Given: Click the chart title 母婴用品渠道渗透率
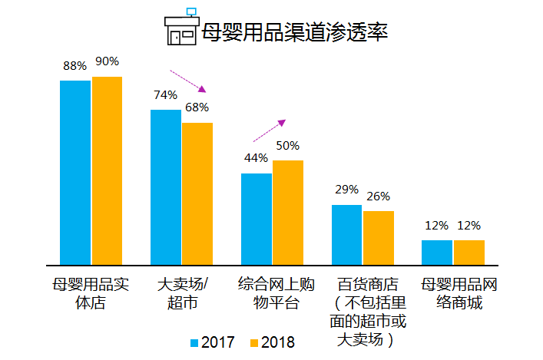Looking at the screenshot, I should click(x=293, y=33).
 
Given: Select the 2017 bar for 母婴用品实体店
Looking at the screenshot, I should click(x=75, y=171).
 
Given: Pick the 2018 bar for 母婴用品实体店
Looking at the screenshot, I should click(x=107, y=170).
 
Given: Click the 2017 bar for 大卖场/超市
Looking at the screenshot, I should click(x=166, y=187).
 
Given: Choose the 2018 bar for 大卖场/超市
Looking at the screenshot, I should click(x=197, y=193).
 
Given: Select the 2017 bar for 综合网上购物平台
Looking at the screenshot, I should click(x=257, y=218).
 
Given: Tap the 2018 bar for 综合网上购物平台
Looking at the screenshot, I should click(x=288, y=212).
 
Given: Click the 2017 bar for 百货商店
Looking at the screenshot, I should click(x=346, y=234).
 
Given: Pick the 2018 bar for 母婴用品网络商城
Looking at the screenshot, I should click(x=469, y=252).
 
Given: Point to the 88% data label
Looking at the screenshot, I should click(x=74, y=66).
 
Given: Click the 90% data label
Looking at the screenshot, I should click(x=108, y=61).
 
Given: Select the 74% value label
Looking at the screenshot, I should click(x=165, y=95).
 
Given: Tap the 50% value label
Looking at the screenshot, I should click(x=288, y=146).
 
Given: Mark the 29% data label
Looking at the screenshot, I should click(x=347, y=190).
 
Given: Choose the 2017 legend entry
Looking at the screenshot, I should click(x=212, y=342).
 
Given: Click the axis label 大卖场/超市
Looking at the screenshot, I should click(x=182, y=293).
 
